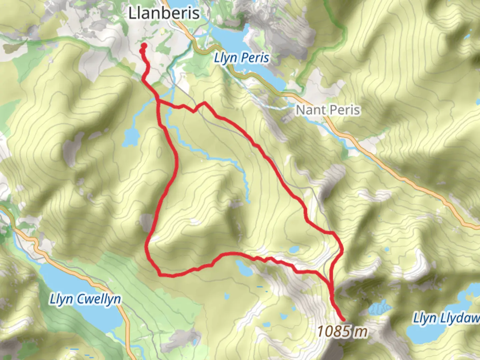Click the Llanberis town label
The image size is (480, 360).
tap(164, 13)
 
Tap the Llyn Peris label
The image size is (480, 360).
tap(241, 58)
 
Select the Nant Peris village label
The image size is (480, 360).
tap(328, 110)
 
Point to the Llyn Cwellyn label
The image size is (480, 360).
tap(85, 299)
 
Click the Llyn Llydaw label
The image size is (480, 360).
tap(446, 318)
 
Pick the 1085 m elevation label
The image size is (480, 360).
tap(342, 331)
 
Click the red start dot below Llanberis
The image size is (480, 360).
tap(144, 46)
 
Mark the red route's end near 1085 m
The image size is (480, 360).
tap(343, 320)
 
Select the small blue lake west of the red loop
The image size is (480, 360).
tap(130, 136)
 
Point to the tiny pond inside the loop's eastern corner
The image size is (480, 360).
tap(294, 249)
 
